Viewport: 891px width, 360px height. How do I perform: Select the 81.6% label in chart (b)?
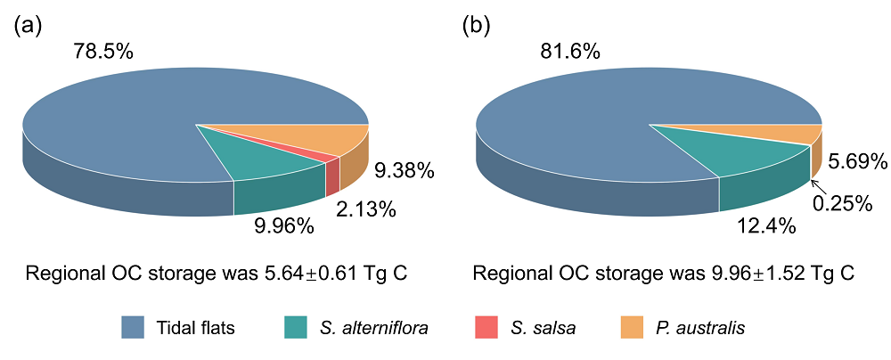point(569,52)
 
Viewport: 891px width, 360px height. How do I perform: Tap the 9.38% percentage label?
point(405,168)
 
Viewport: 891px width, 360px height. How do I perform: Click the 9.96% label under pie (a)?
point(284,226)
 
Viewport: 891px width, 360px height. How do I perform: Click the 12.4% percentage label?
point(766,227)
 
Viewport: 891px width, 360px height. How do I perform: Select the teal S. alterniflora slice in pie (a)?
point(267,156)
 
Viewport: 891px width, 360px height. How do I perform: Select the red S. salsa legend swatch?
point(478,328)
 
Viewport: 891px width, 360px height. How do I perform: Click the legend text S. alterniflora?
point(374,328)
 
